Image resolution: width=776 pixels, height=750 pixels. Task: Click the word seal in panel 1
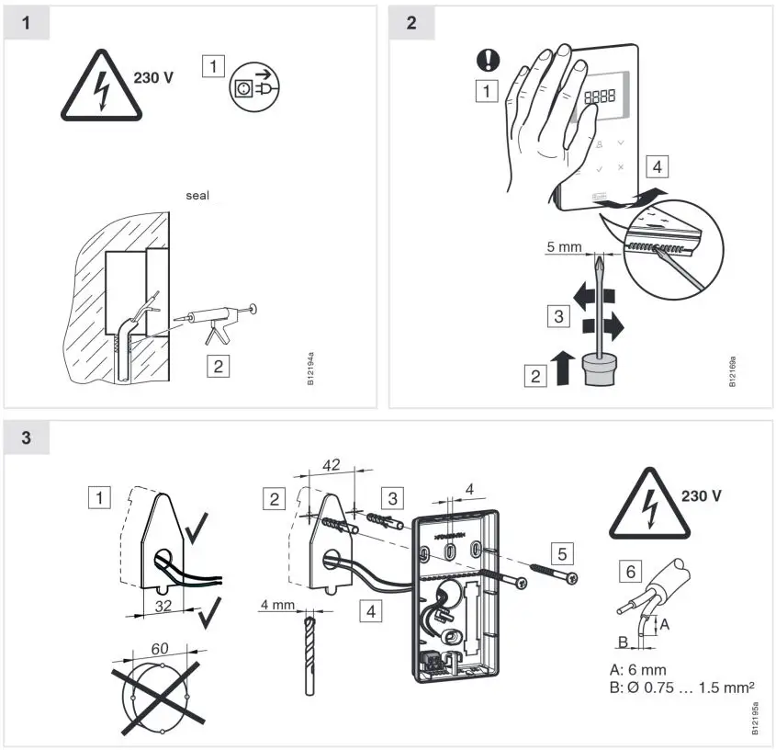tap(197, 196)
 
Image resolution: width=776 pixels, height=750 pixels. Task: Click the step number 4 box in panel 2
tap(656, 166)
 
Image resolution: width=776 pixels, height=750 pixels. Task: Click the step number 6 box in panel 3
tap(630, 572)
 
